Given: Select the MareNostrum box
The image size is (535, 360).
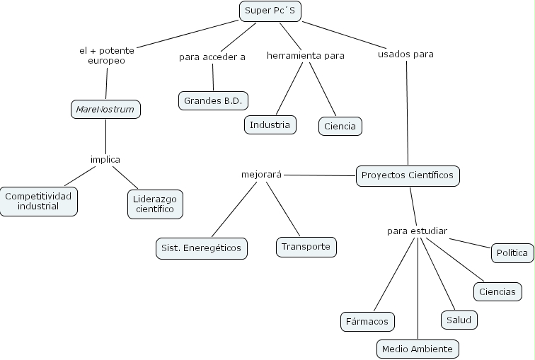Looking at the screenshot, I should point(105,110).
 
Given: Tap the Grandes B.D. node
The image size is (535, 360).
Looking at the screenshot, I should point(213,100).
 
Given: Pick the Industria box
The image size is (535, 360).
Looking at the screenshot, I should point(270,125).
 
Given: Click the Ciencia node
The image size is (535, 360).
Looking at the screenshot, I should point(340,127).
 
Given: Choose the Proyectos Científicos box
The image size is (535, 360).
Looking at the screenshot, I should point(408,175).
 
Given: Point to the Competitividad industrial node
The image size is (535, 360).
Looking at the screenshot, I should point(38,201).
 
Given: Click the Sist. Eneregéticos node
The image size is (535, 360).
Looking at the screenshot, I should point(202,248).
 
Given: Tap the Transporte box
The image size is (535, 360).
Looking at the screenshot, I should point(305,247).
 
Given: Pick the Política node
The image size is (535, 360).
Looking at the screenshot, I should point(512,252).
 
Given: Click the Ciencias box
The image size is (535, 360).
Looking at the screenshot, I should point(497,291).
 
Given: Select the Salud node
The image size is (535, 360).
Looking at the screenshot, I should point(459,320).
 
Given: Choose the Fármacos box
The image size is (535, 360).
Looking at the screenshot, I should point(367,322).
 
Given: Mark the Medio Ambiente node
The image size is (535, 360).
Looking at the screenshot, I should point(418,349).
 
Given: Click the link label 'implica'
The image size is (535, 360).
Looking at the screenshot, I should point(105,159).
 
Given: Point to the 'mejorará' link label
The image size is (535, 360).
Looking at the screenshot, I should point(262,174).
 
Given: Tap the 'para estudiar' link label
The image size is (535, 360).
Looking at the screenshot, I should point(417,231).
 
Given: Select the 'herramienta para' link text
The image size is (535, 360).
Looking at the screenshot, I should point(306,55).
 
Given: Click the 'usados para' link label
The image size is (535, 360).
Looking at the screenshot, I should point(405,54).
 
